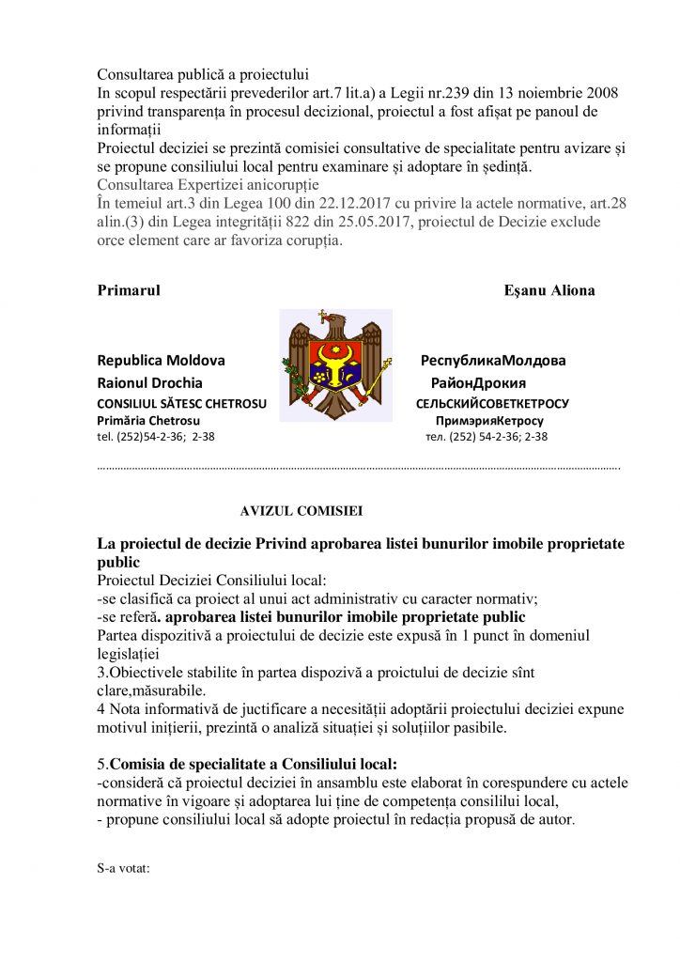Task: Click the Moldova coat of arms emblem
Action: click(335, 364)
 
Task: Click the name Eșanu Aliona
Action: click(549, 290)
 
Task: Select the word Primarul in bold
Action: click(129, 290)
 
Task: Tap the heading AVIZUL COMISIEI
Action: click(301, 511)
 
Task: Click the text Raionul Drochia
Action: click(149, 383)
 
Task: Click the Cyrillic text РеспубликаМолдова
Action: click(493, 361)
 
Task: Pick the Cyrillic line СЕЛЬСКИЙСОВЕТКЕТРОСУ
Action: click(492, 404)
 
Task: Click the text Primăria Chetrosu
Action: click(147, 420)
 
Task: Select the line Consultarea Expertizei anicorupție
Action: click(209, 184)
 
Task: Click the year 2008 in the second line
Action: click(599, 93)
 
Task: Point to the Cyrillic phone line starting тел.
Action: click(487, 436)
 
